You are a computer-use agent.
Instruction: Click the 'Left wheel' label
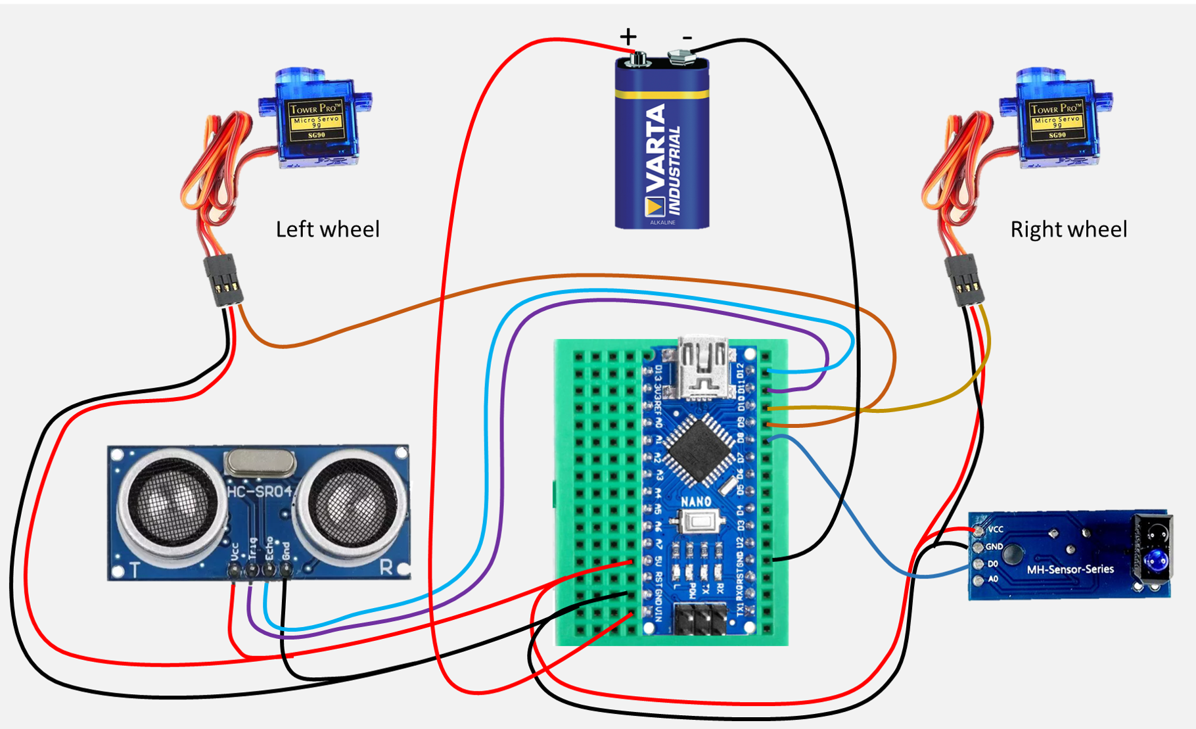(x=327, y=229)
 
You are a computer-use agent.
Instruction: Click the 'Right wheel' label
(x=1069, y=229)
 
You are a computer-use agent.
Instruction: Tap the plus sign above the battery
(x=628, y=36)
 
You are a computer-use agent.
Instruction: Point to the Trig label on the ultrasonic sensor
(x=252, y=550)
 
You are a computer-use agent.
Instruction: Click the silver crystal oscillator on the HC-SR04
(x=260, y=463)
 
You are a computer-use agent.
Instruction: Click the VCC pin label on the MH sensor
(x=996, y=529)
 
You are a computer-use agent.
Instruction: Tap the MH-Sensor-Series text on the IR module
(x=1070, y=569)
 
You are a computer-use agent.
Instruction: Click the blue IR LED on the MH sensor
(x=1155, y=561)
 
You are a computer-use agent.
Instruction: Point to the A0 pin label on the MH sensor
(x=994, y=579)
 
